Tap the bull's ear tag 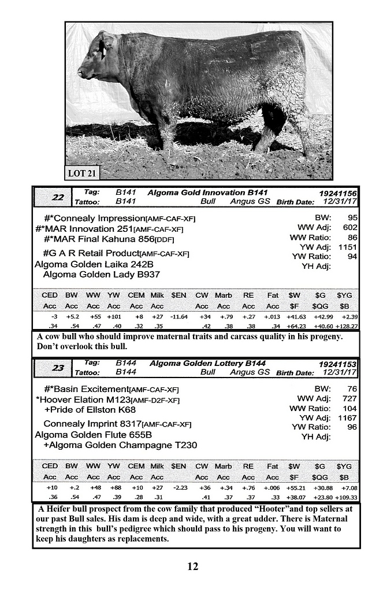103,49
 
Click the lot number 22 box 58,197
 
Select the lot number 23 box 58,368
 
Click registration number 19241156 337,193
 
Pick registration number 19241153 337,364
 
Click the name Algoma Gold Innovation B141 207,193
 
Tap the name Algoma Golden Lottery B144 207,364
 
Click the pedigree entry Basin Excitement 91,389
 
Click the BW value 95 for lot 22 351,218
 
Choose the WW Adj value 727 349,399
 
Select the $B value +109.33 346,497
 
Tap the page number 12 192,566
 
